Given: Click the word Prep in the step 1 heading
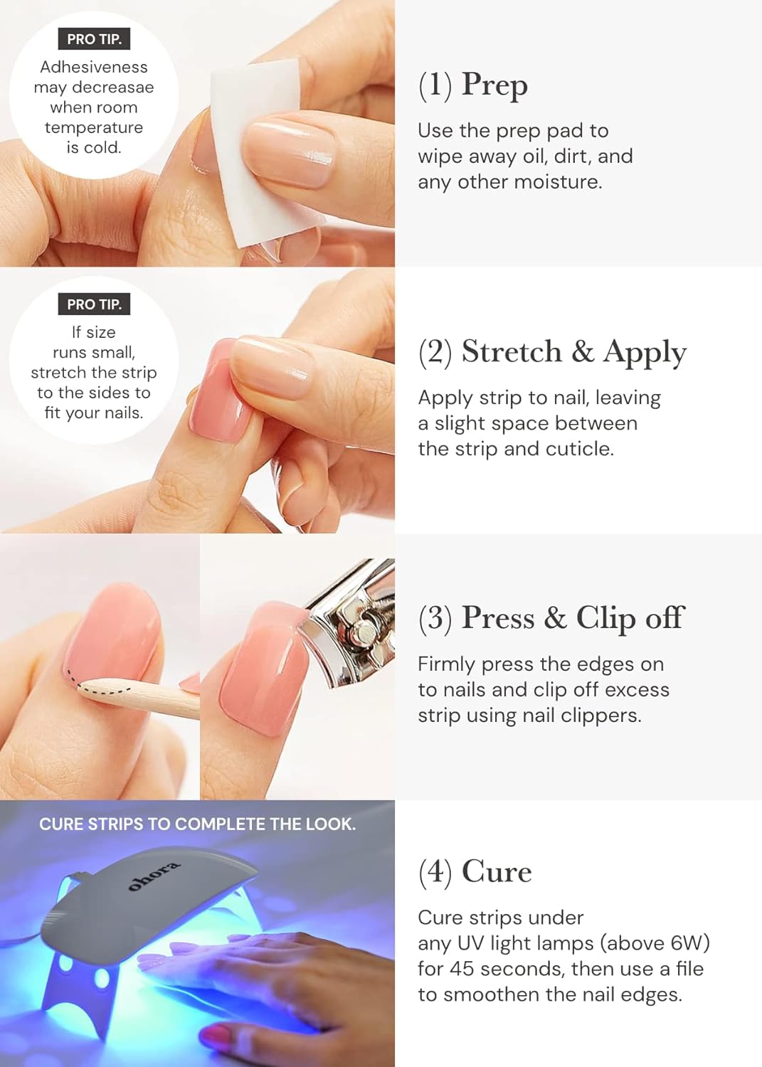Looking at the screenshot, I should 494,85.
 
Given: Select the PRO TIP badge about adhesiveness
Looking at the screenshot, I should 94,39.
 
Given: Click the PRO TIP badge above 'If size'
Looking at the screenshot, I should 94,304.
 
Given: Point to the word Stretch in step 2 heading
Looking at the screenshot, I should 512,351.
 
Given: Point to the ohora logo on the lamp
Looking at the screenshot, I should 154,876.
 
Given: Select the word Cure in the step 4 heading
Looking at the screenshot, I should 496,872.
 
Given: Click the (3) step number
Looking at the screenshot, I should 435,618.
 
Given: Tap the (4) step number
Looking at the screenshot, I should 435,872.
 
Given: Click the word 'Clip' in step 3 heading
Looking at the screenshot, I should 605,618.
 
